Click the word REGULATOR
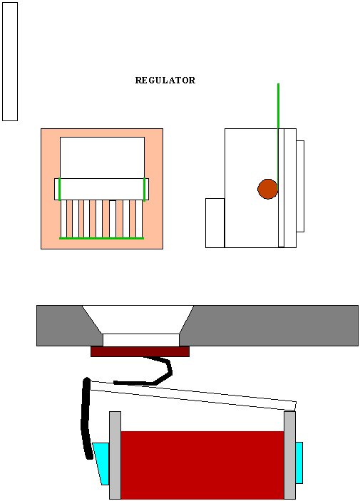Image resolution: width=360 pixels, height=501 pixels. [165, 81]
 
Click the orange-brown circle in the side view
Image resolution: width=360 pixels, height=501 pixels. [267, 189]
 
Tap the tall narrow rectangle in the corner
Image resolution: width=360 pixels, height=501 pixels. [10, 62]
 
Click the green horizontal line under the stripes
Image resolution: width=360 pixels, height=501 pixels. [102, 238]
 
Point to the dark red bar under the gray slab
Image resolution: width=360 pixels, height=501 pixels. [140, 351]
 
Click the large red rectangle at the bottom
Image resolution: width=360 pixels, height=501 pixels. [202, 465]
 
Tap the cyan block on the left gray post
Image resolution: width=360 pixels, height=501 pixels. [101, 463]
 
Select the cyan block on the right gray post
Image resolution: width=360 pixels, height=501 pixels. [299, 463]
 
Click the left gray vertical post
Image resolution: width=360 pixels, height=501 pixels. [115, 455]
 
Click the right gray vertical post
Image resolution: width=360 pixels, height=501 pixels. [289, 455]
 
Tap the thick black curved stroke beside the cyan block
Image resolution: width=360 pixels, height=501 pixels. [86, 418]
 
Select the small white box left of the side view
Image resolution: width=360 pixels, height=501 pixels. [215, 222]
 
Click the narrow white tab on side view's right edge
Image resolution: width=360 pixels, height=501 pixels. [300, 186]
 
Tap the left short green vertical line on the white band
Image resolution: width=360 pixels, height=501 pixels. [60, 189]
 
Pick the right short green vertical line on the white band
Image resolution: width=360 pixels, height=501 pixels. [145, 189]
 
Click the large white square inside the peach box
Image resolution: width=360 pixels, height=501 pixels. [103, 157]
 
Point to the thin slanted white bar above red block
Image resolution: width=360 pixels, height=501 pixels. [193, 395]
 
